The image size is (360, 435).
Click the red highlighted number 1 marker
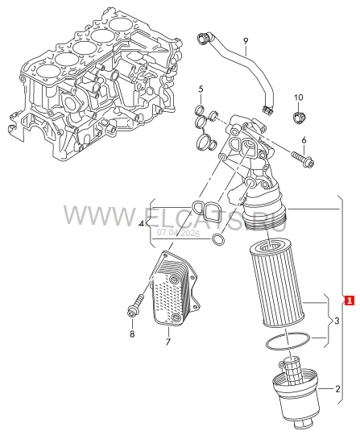pyautogui.click(x=350, y=300)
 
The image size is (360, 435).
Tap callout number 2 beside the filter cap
pyautogui.click(x=337, y=389)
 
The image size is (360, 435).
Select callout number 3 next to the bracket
pyautogui.click(x=337, y=321)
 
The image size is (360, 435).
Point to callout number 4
pyautogui.click(x=142, y=224)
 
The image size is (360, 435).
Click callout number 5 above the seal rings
pyautogui.click(x=201, y=89)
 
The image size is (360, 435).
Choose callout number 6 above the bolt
pyautogui.click(x=304, y=140)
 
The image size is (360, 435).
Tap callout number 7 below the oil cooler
pyautogui.click(x=168, y=342)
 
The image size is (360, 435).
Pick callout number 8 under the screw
pyautogui.click(x=132, y=333)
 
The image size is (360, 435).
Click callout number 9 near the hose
pyautogui.click(x=246, y=41)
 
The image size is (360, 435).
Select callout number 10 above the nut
pyautogui.click(x=299, y=97)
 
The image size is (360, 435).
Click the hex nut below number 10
pyautogui.click(x=298, y=118)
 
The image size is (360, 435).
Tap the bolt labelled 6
pyautogui.click(x=303, y=159)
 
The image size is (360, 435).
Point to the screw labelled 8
pyautogui.click(x=135, y=307)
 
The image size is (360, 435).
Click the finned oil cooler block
pyautogui.click(x=174, y=288)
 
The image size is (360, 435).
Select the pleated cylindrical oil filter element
pyautogui.click(x=277, y=283)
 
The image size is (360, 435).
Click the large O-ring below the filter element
pyautogui.click(x=287, y=341)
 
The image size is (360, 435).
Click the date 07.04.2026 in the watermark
pyautogui.click(x=178, y=234)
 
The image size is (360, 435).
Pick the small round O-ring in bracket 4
pyautogui.click(x=217, y=239)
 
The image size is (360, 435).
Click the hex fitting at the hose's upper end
pyautogui.click(x=204, y=39)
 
